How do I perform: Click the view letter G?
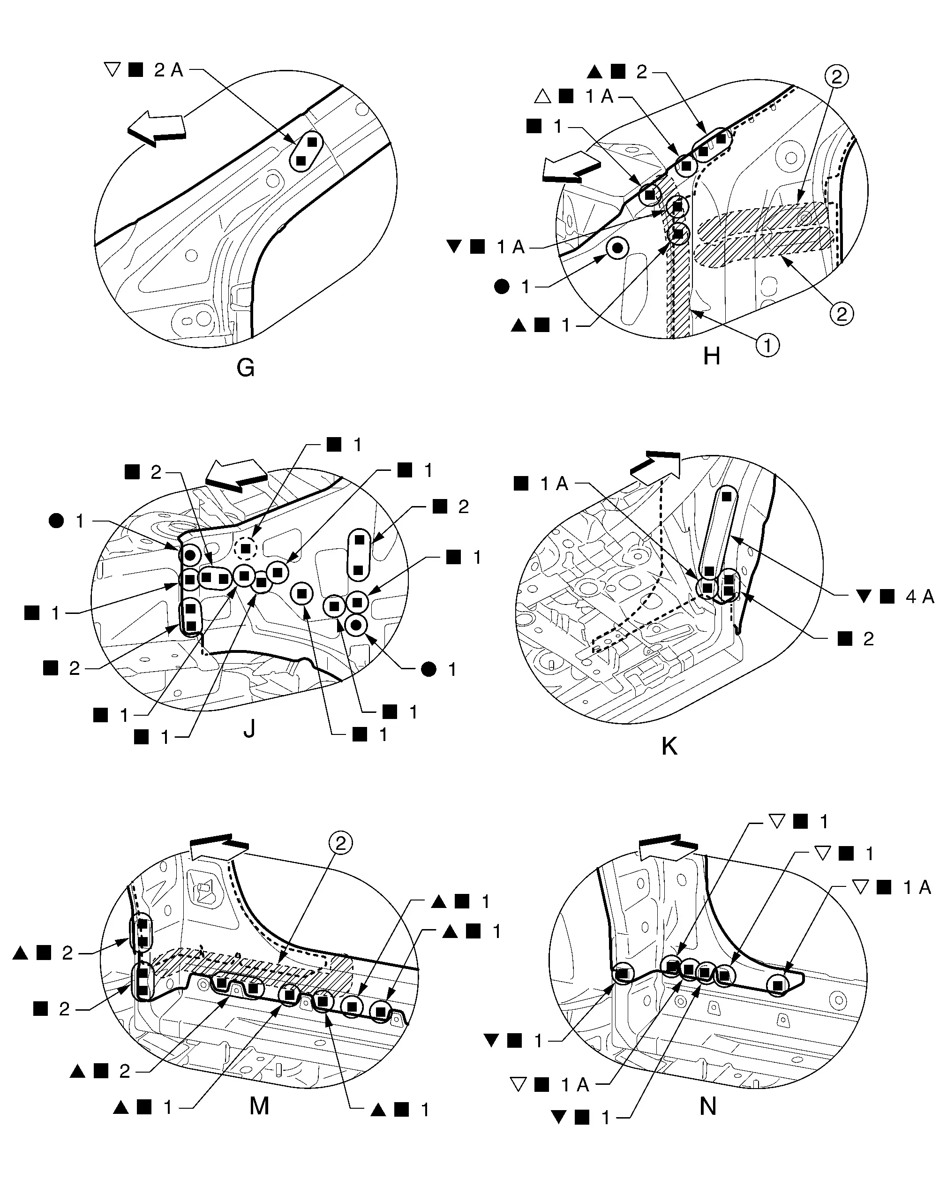click(x=246, y=368)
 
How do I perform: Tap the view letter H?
click(x=711, y=357)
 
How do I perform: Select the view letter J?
click(x=249, y=728)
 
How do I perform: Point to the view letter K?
click(x=669, y=745)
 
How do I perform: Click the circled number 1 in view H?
click(x=767, y=345)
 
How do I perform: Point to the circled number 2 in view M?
click(x=340, y=843)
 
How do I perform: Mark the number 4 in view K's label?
click(x=911, y=597)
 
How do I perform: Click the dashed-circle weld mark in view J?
click(x=246, y=548)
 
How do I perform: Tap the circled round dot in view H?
click(x=617, y=249)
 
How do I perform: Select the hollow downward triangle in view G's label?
click(x=112, y=70)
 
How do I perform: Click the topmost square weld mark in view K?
click(x=727, y=496)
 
